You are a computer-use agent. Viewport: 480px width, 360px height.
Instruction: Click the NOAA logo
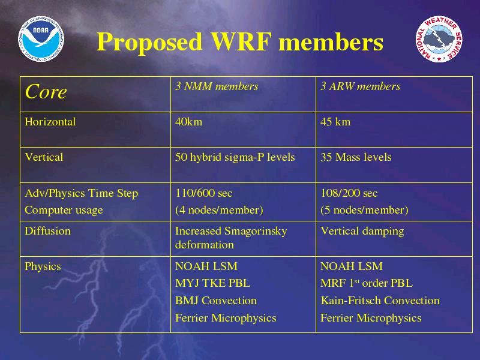41,39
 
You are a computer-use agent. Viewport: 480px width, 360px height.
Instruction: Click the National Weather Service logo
439,40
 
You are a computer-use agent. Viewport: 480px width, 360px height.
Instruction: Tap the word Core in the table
46,92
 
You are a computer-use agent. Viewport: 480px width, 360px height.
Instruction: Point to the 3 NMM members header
217,86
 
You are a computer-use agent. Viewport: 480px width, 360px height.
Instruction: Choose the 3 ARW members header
361,86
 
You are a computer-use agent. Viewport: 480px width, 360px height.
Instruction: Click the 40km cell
188,122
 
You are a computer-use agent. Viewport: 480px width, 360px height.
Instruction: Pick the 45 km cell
335,122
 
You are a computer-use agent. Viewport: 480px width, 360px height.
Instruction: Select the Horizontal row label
50,122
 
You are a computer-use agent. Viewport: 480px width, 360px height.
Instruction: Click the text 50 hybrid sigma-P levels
235,157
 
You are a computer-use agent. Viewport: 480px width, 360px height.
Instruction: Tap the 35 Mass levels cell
356,157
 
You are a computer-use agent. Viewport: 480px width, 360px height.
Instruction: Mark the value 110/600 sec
204,193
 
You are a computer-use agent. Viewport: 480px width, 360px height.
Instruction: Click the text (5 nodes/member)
364,210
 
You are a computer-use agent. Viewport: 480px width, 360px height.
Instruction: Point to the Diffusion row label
48,231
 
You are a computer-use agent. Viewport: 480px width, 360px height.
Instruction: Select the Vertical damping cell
362,231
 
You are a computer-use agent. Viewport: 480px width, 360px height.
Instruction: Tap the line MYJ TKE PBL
212,283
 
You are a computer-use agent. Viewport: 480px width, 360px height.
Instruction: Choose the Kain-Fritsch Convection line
380,301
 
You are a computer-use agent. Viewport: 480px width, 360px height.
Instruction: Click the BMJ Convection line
216,301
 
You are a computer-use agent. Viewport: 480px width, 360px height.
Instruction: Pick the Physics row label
43,266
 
